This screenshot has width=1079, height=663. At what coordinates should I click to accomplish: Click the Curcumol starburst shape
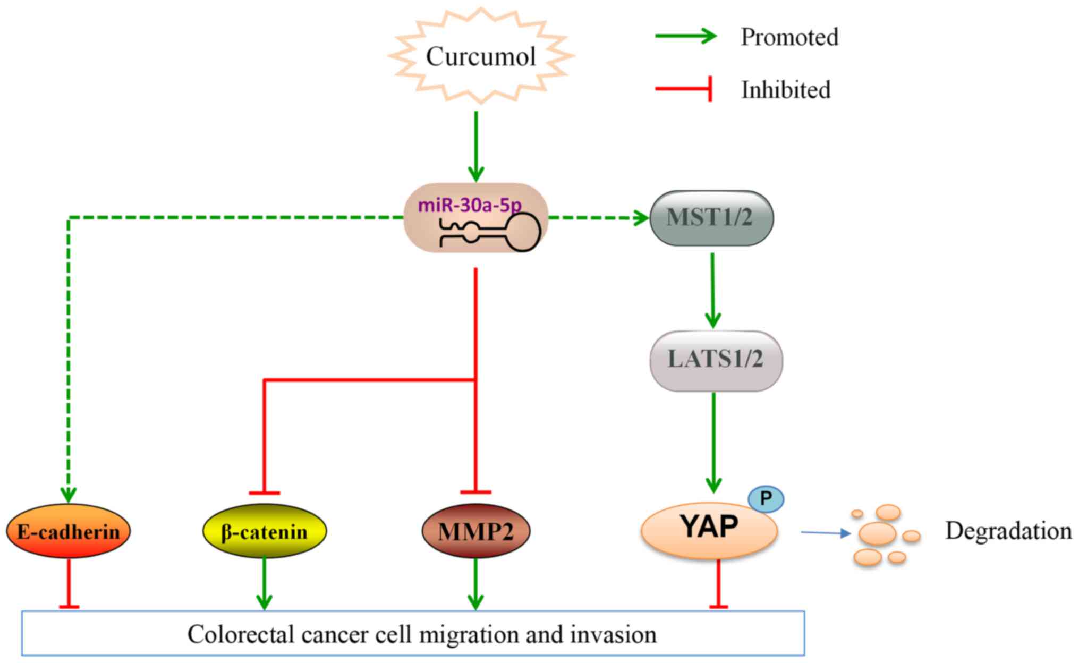coord(481,56)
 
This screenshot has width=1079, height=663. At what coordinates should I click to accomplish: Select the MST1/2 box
coord(711,218)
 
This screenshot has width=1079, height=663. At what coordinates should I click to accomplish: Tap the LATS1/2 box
coord(716,360)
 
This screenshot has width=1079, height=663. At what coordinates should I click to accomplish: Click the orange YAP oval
coord(709,530)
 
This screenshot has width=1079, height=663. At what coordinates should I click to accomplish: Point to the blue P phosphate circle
coord(766,499)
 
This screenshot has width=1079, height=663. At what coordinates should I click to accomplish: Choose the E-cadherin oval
coord(68,531)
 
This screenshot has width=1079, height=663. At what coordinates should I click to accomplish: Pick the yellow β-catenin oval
coord(264,531)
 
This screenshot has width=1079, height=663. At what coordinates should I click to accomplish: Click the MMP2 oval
coord(475,531)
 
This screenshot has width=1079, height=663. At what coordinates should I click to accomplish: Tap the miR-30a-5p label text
coord(470,205)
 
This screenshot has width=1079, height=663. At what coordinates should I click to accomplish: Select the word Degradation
coord(1008,531)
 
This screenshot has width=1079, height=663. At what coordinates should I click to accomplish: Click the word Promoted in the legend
coord(789,37)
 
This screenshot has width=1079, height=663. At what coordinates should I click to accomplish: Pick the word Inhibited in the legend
coord(785,89)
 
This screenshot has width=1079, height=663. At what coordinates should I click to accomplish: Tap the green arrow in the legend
coord(685,36)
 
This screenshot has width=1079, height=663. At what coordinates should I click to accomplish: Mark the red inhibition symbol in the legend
coord(684,89)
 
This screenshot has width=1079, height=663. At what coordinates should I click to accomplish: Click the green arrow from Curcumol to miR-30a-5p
coord(475,146)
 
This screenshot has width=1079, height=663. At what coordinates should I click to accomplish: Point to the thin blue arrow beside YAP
coord(826,532)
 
